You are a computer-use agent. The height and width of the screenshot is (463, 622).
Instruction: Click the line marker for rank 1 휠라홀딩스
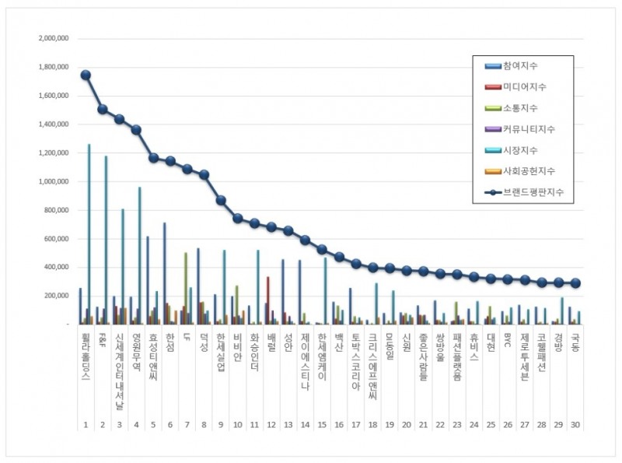(x=86, y=75)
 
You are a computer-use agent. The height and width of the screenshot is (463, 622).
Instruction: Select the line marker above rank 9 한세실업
(x=221, y=200)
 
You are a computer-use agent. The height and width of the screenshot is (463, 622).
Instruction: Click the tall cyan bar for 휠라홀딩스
(x=89, y=233)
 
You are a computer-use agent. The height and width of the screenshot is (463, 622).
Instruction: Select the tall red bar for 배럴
(x=268, y=300)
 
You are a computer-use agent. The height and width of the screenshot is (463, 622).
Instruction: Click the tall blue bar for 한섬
(x=164, y=273)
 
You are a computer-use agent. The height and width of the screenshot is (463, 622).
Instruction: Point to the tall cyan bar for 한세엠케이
(x=326, y=291)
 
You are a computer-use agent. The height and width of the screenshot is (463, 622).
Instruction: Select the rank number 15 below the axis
(x=322, y=425)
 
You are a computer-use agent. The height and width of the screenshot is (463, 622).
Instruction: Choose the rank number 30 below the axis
(x=575, y=425)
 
